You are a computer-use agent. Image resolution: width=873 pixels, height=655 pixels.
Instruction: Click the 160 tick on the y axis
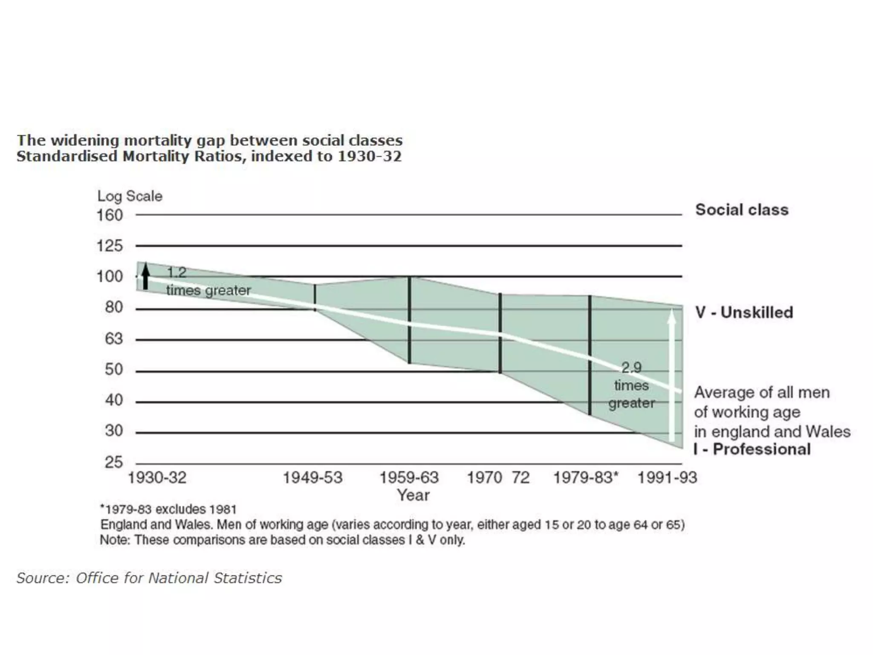110,215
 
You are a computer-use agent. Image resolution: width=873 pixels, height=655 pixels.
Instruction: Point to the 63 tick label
113,339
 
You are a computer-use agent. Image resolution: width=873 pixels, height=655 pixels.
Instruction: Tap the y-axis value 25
113,462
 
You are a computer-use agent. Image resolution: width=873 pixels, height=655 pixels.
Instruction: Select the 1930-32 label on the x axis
157,478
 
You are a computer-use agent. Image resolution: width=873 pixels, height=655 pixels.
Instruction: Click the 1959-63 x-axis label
409,478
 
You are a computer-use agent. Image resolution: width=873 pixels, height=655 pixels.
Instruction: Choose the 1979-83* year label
585,478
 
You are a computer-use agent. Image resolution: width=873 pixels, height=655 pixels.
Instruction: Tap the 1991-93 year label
667,478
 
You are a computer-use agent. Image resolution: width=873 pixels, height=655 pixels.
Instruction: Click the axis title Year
413,496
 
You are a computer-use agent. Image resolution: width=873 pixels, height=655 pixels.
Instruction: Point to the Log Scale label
130,196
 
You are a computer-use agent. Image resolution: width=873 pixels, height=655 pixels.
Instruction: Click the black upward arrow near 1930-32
146,276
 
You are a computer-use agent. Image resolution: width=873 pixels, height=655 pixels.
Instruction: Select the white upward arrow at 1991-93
671,375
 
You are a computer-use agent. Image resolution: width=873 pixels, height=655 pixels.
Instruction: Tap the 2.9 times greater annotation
631,385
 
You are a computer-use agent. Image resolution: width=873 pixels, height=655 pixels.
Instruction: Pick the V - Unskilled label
744,313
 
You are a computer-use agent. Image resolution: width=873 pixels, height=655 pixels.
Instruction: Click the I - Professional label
752,449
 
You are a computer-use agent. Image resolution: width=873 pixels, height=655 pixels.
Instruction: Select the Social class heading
742,210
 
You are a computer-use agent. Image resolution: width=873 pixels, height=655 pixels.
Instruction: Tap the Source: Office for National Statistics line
149,578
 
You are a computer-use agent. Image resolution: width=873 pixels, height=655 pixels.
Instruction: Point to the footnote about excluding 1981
168,510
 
